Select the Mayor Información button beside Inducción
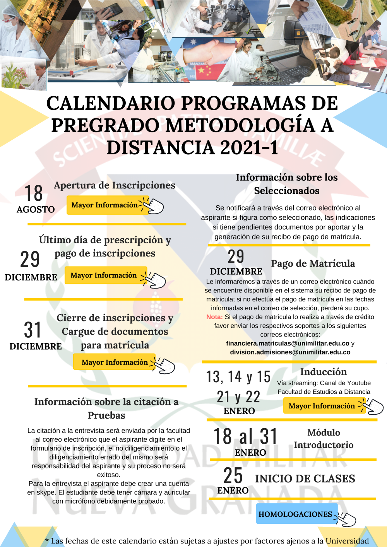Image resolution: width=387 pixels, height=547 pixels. pos(322,406)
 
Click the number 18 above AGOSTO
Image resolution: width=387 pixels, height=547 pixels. pos(34,193)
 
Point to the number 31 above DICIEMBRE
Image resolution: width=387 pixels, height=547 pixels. pos(33,330)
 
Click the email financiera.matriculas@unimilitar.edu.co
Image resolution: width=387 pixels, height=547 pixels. pos(288,343)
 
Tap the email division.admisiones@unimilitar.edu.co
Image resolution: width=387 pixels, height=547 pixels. pos(290,352)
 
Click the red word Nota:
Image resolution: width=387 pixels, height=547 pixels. pos(214,317)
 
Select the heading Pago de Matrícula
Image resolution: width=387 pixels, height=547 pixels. pos(313,263)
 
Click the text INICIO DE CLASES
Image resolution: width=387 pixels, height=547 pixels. pos(305,479)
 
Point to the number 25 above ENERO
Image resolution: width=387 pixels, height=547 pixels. pos(233,475)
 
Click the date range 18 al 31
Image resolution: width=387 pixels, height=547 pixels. pos(246,436)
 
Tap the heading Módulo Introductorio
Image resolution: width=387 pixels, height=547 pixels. pos(324,439)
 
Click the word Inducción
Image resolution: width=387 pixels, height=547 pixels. pos(324,372)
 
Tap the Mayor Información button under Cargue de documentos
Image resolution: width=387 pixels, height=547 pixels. pos(115,362)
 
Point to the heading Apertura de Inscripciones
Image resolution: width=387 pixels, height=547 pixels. pos(115,185)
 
